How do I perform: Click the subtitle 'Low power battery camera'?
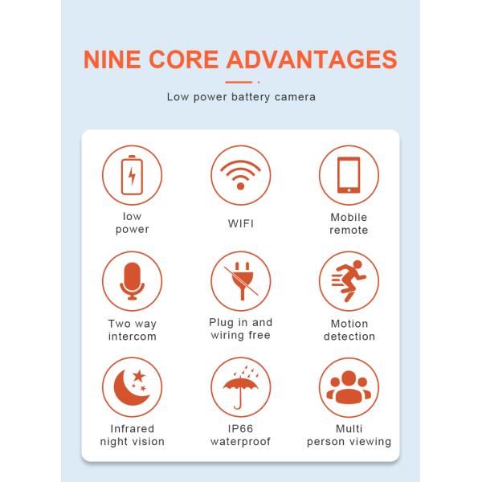tap(241, 97)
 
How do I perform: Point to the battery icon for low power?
tap(132, 174)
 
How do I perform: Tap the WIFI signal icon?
tap(240, 174)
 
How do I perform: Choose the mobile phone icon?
tap(349, 174)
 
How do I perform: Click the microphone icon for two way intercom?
tap(132, 281)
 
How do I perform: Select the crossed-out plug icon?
tap(240, 281)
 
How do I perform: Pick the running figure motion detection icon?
tap(349, 281)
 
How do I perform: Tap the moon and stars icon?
tap(132, 387)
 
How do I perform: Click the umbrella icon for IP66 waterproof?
tap(240, 387)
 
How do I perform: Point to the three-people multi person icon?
tap(349, 387)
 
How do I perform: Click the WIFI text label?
tap(240, 223)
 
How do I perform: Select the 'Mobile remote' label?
tap(349, 223)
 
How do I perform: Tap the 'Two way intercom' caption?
tap(132, 330)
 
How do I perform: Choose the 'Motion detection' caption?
tap(349, 330)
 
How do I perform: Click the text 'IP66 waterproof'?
tap(240, 435)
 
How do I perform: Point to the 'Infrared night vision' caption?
tap(132, 435)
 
